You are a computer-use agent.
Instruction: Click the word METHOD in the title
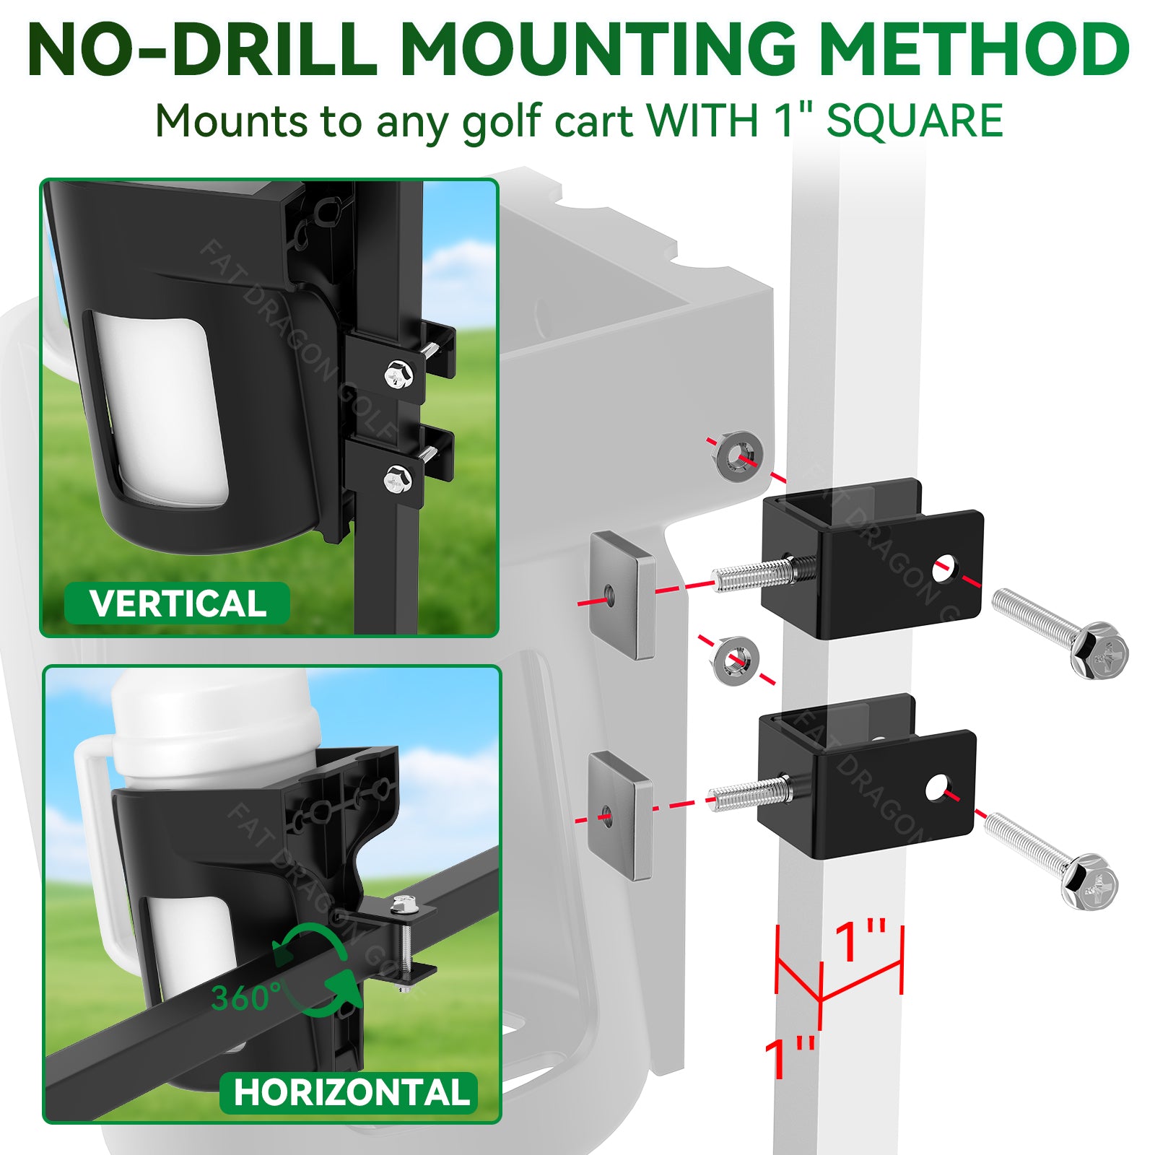974,49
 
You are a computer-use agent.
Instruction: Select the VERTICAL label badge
178,603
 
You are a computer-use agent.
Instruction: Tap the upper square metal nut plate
622,595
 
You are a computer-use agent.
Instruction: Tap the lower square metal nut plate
620,816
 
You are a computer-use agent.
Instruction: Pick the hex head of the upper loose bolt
1099,650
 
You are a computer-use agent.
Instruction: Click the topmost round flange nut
741,456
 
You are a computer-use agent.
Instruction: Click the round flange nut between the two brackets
735,661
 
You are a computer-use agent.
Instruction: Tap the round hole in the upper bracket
942,570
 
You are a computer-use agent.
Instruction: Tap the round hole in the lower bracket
937,788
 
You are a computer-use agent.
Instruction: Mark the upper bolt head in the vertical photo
396,375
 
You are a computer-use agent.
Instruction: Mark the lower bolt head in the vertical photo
398,479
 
